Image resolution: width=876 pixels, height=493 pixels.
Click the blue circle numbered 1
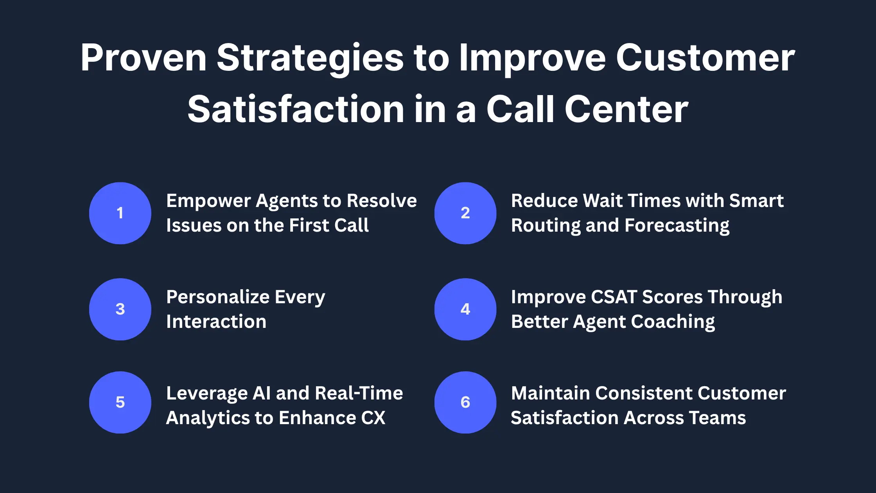pyautogui.click(x=120, y=213)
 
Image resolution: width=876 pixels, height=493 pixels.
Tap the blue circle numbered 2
pyautogui.click(x=465, y=213)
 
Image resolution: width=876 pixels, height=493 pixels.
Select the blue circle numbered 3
pyautogui.click(x=120, y=309)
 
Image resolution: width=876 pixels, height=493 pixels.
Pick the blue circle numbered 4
pyautogui.click(x=465, y=309)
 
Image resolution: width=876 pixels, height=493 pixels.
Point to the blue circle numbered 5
pyautogui.click(x=120, y=402)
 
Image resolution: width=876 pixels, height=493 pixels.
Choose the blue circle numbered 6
pyautogui.click(x=465, y=402)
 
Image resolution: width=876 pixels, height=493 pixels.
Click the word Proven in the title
pyautogui.click(x=144, y=58)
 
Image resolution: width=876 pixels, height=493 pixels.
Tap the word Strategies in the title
pyautogui.click(x=310, y=59)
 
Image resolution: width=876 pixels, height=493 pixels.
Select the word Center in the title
pyautogui.click(x=626, y=110)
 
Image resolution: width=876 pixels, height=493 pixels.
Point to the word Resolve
pyautogui.click(x=382, y=201)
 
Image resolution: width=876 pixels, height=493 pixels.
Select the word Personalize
pyautogui.click(x=218, y=297)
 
